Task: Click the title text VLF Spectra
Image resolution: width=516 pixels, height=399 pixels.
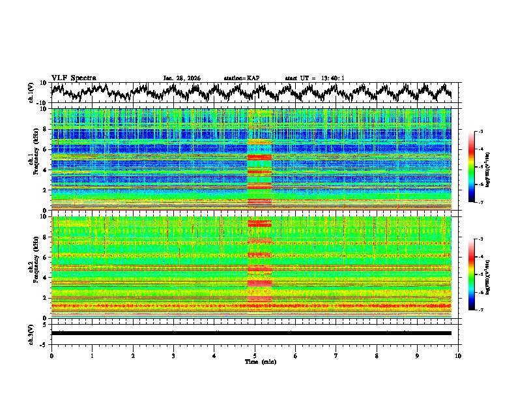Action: click(x=74, y=78)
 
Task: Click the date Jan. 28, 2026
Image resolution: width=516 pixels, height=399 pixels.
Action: click(x=182, y=78)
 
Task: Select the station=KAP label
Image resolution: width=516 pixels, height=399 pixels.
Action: click(x=242, y=78)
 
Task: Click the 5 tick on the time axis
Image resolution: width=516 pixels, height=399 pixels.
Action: click(x=255, y=356)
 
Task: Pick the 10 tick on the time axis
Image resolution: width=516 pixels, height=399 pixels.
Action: click(x=458, y=356)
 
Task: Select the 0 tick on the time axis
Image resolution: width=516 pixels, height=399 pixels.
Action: click(x=51, y=356)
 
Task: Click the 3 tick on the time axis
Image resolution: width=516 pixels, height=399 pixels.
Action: click(x=173, y=356)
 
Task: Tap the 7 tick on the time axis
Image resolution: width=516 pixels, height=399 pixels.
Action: click(x=336, y=356)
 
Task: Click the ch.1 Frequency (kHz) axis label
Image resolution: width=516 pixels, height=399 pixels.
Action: click(x=33, y=156)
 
